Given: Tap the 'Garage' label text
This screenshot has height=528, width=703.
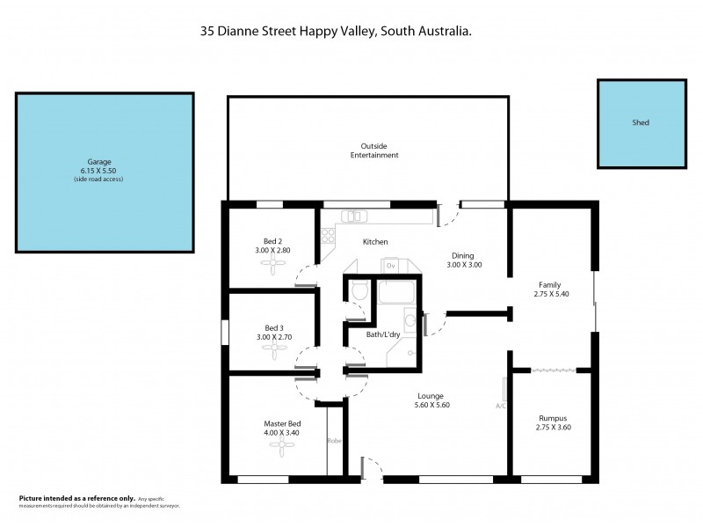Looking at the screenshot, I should point(98,162).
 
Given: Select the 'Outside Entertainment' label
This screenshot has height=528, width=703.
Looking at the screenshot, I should point(374,150).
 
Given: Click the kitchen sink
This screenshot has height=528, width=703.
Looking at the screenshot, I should point(354,216).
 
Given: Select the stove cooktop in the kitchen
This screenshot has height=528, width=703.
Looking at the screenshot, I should point(327,236).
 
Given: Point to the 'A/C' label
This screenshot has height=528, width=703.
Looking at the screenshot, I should point(501,406).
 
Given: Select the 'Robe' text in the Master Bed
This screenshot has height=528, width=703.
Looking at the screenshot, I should point(334,440).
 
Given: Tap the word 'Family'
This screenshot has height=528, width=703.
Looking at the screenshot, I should point(550,284).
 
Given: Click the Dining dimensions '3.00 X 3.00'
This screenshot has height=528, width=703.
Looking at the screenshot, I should point(464,264).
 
